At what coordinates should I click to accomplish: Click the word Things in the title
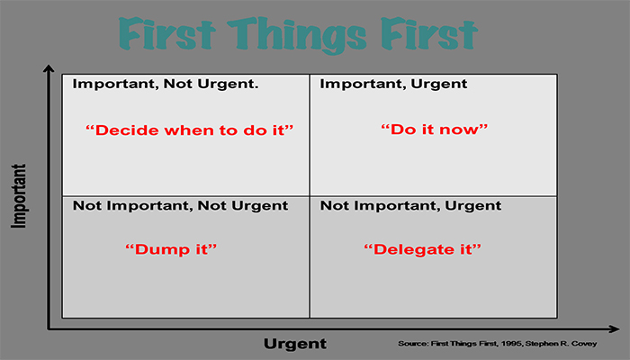click(x=297, y=35)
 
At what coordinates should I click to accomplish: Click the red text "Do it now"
click(x=435, y=130)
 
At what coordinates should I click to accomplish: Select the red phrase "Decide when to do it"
click(x=190, y=130)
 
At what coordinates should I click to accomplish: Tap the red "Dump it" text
click(x=171, y=249)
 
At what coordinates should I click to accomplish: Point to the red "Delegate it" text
click(x=422, y=249)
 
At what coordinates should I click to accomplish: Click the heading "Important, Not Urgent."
click(x=166, y=84)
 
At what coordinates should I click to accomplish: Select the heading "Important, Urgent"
click(x=393, y=84)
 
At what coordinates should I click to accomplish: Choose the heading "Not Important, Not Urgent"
click(x=180, y=206)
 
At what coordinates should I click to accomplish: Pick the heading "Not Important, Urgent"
click(x=410, y=206)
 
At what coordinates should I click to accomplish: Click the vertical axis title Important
click(x=19, y=195)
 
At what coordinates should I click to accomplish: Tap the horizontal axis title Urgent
click(x=295, y=344)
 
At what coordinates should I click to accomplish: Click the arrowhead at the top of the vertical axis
click(x=49, y=68)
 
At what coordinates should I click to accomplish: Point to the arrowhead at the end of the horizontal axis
click(x=615, y=329)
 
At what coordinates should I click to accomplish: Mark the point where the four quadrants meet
click(x=310, y=196)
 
